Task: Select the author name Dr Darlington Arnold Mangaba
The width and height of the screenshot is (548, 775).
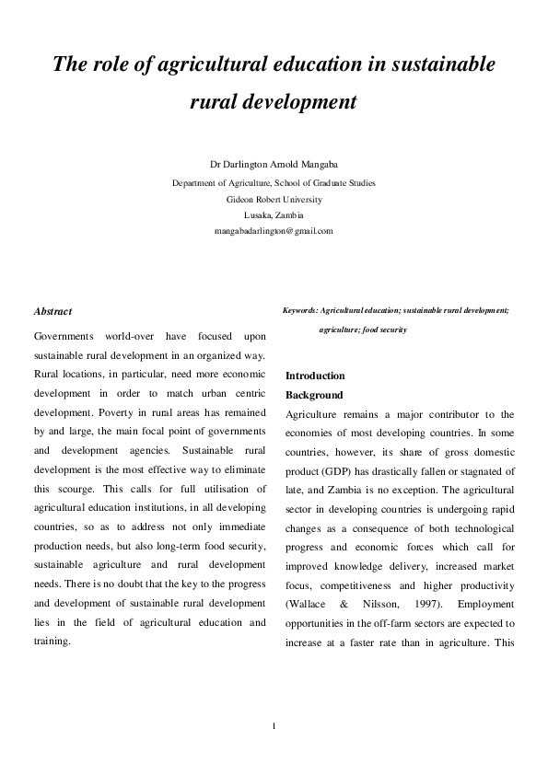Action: pos(274,167)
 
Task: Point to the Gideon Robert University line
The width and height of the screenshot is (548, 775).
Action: pos(274,198)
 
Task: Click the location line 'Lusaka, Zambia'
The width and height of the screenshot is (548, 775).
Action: pos(274,214)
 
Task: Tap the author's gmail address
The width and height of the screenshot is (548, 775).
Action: pos(274,230)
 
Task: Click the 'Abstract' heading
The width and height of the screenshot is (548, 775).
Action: pos(52,312)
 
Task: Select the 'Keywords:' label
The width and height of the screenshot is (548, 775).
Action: pos(300,311)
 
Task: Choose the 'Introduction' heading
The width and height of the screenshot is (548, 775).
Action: pos(315,376)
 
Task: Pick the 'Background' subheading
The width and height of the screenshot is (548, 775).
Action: pos(314,395)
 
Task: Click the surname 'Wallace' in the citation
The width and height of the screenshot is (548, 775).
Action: pos(309,603)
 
